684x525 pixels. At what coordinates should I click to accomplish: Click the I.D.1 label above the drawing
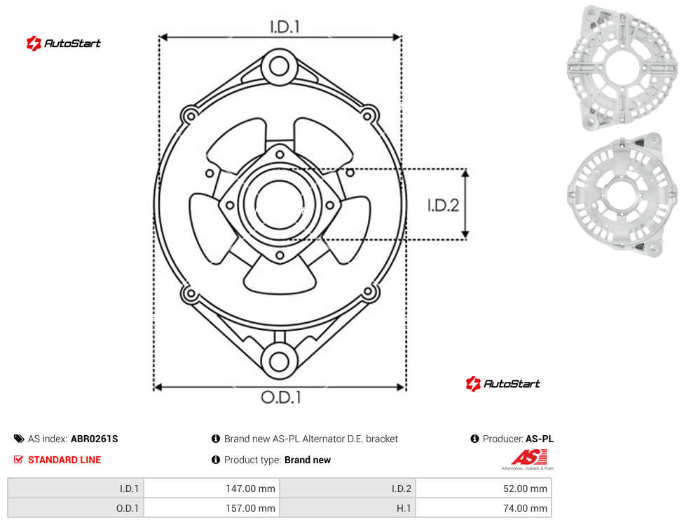[x=285, y=27]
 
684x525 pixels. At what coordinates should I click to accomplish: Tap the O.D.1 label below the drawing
[x=281, y=397]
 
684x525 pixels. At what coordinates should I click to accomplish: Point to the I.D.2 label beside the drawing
[x=443, y=205]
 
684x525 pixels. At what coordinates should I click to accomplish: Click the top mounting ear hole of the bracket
[x=279, y=67]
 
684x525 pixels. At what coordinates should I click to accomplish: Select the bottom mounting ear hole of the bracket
[x=279, y=361]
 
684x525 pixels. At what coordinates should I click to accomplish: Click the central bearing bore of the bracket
[x=279, y=204]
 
